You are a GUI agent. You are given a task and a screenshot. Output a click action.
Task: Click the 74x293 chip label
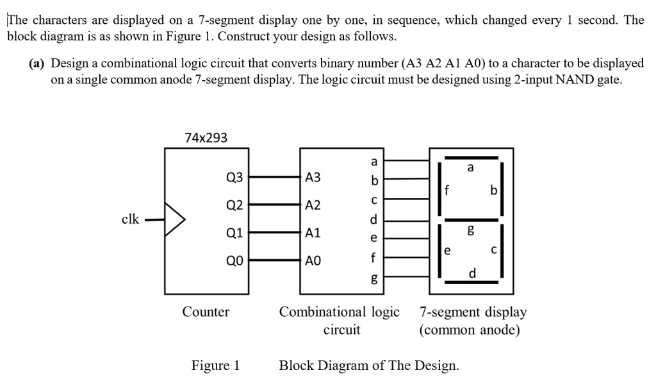point(206,137)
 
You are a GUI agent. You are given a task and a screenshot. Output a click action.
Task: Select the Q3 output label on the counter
point(234,177)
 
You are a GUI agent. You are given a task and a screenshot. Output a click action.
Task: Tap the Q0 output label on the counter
point(234,261)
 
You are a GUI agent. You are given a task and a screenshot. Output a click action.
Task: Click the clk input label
point(130,219)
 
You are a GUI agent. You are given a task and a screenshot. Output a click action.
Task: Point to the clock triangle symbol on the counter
point(175,219)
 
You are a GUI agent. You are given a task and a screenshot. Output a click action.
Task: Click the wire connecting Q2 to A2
point(274,205)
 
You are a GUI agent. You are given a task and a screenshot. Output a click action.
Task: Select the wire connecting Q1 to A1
point(274,233)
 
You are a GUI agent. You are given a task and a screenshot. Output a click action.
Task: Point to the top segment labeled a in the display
point(472,157)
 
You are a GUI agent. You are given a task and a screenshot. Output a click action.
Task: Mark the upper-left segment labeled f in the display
point(439,185)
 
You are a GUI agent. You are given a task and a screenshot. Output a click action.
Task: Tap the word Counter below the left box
point(206,312)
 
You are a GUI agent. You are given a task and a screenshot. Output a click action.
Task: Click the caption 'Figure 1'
point(215,366)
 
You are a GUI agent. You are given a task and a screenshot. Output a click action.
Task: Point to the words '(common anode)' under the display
point(469,330)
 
